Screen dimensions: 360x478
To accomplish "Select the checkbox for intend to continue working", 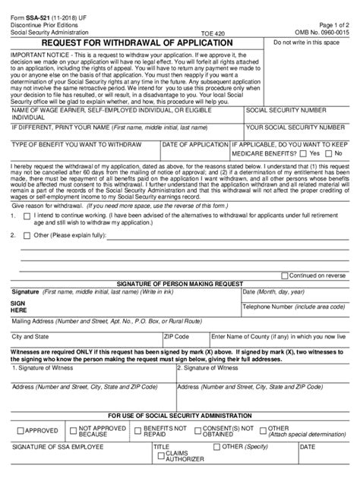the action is click(27, 215).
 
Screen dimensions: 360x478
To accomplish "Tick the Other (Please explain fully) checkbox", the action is click(27, 236).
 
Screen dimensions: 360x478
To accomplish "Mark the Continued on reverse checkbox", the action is click(285, 276).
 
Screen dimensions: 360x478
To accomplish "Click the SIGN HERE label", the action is click(19, 307).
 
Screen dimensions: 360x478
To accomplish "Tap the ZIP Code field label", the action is click(177, 335).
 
